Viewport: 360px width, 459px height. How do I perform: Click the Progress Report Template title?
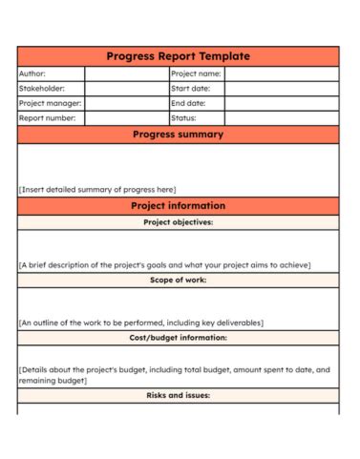click(178, 56)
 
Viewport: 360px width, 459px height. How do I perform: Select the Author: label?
click(32, 73)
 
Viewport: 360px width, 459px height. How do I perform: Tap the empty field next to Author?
click(126, 73)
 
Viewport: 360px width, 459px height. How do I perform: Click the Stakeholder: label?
click(43, 88)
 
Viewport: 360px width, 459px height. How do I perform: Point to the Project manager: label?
click(50, 103)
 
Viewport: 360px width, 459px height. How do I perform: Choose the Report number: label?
click(47, 118)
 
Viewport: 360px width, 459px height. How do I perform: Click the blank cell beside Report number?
click(126, 118)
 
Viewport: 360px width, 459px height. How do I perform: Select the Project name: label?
click(196, 73)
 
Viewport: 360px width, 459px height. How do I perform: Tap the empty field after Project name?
click(281, 73)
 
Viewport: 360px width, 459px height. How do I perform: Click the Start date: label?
click(191, 88)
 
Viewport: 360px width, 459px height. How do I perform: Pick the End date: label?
click(189, 103)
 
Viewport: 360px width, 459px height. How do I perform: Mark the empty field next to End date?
click(281, 103)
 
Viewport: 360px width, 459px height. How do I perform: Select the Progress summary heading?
click(178, 135)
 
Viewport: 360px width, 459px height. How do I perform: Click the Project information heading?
click(178, 205)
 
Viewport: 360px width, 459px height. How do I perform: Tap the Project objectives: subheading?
click(178, 222)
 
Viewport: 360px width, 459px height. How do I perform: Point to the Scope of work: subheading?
click(178, 280)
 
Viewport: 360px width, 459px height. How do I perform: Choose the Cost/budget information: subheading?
click(178, 337)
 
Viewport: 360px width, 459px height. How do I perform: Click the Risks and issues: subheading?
click(178, 394)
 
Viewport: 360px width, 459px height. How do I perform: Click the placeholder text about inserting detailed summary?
click(97, 189)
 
